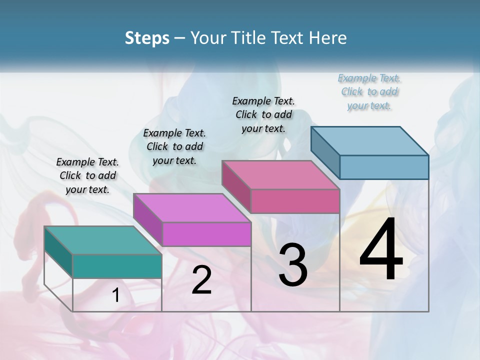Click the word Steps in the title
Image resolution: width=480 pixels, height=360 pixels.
[x=147, y=38]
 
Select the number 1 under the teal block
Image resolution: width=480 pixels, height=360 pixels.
[x=116, y=295]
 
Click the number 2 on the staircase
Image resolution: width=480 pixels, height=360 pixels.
[x=201, y=280]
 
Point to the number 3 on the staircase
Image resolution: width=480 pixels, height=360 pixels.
[x=293, y=265]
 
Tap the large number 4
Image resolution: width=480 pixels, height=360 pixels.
[x=381, y=249]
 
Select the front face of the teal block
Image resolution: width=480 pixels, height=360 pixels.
[x=117, y=266]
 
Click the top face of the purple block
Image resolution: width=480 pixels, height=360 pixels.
[x=192, y=207]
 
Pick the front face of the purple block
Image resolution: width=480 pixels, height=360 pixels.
[x=206, y=234]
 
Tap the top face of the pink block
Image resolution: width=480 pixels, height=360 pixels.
[x=280, y=174]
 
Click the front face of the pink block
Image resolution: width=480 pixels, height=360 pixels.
[x=295, y=201]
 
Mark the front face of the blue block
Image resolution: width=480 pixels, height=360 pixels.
[x=384, y=167]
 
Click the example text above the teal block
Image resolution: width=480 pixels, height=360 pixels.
[x=87, y=176]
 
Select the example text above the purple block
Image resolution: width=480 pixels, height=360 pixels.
[x=174, y=146]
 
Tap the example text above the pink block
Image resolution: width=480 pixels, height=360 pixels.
[x=263, y=114]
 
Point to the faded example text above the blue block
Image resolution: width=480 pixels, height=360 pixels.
[x=369, y=91]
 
